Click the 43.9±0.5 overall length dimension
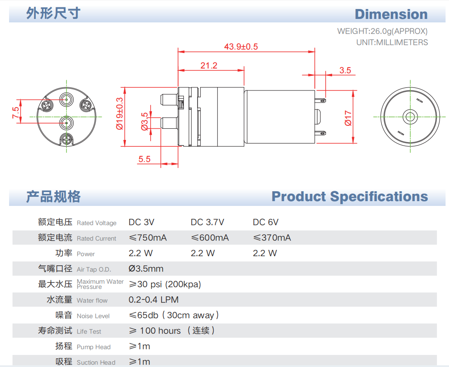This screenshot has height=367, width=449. pyautogui.click(x=241, y=47)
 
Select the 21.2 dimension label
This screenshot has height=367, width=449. pyautogui.click(x=209, y=65)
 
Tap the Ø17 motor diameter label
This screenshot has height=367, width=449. pyautogui.click(x=349, y=118)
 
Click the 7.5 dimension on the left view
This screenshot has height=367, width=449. pyautogui.click(x=16, y=112)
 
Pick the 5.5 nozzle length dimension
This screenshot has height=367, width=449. pyautogui.click(x=144, y=159)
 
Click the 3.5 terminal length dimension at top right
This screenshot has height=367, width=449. pyautogui.click(x=345, y=70)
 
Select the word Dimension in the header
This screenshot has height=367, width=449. pyautogui.click(x=391, y=14)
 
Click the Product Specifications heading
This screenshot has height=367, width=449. pyautogui.click(x=349, y=196)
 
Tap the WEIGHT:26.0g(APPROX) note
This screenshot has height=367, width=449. pyautogui.click(x=382, y=31)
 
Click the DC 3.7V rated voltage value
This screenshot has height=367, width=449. pyautogui.click(x=207, y=222)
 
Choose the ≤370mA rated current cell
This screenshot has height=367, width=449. pyautogui.click(x=272, y=238)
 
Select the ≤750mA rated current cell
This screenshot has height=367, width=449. pyautogui.click(x=148, y=238)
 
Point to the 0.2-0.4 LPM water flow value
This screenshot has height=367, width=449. pyautogui.click(x=154, y=300)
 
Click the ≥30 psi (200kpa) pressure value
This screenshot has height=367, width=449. pyautogui.click(x=165, y=284)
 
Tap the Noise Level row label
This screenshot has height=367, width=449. pyautogui.click(x=93, y=316)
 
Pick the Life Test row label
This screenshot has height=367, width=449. pyautogui.click(x=89, y=331)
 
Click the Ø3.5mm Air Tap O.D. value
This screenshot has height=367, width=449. pyautogui.click(x=146, y=269)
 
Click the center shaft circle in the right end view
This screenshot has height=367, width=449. pyautogui.click(x=409, y=116)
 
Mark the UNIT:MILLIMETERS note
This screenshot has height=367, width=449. pyautogui.click(x=392, y=42)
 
